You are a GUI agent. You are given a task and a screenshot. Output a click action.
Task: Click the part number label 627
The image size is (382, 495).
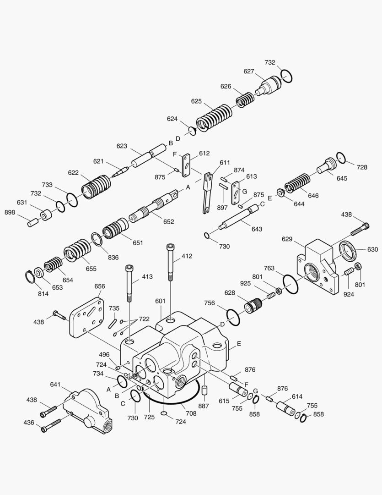(249, 71)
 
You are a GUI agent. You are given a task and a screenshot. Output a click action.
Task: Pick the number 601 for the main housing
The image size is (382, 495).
(160, 301)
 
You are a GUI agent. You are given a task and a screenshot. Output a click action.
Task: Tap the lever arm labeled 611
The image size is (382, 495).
(207, 192)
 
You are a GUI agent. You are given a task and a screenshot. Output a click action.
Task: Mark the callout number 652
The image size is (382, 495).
(168, 222)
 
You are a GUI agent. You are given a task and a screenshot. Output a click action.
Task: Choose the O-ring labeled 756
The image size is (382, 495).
(233, 317)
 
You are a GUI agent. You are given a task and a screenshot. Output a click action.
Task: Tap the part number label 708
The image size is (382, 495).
(191, 413)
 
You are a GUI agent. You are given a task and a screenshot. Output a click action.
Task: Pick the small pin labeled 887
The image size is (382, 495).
(204, 391)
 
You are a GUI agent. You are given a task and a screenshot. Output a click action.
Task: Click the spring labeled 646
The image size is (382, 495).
(298, 183)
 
